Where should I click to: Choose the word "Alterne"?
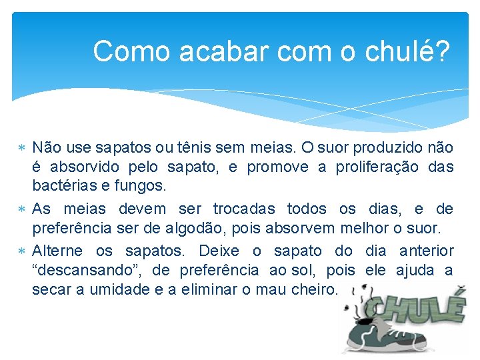click(57, 251)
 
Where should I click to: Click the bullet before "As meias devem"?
click(23, 209)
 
